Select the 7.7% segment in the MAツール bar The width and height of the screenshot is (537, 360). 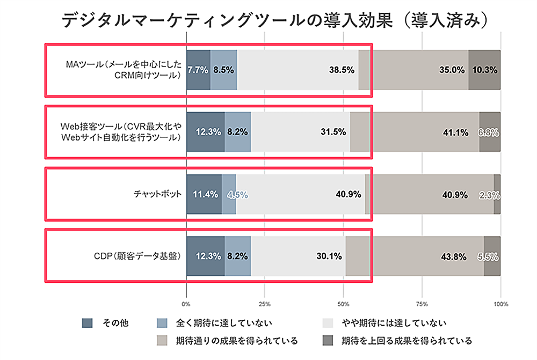pyautogui.click(x=198, y=70)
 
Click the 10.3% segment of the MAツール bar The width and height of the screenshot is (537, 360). pyautogui.click(x=484, y=70)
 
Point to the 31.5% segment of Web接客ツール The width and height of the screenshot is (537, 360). pyautogui.click(x=301, y=132)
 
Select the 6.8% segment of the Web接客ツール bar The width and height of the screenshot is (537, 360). pyautogui.click(x=490, y=132)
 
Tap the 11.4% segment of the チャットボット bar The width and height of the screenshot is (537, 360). pyautogui.click(x=204, y=194)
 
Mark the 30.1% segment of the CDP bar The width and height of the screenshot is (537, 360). pyautogui.click(x=299, y=256)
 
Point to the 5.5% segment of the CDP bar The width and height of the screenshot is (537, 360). pyautogui.click(x=492, y=256)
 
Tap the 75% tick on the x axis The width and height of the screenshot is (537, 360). pyautogui.click(x=422, y=304)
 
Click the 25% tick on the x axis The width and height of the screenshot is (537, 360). pyautogui.click(x=264, y=304)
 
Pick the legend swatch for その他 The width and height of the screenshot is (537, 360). pyautogui.click(x=88, y=323)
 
